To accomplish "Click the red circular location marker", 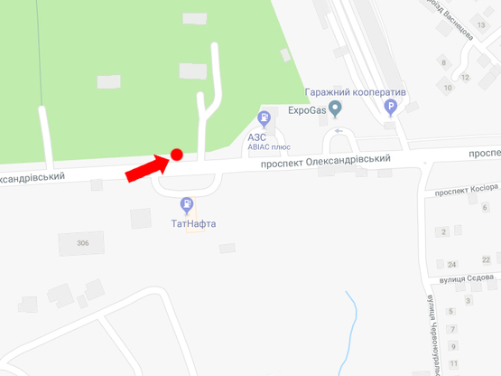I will (x=177, y=155).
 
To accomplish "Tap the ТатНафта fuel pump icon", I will (x=186, y=205).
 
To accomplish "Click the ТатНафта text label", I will (x=192, y=223).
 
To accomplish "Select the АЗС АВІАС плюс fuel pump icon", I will (x=264, y=117).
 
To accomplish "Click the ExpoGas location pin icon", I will (x=336, y=110).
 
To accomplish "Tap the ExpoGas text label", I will (x=307, y=111).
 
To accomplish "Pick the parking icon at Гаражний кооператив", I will (x=391, y=108).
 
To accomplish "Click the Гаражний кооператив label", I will (x=355, y=92).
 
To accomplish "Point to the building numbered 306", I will (x=83, y=243).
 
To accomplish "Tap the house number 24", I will (x=451, y=264).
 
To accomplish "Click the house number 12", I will (x=465, y=77).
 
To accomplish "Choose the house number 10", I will (x=448, y=88).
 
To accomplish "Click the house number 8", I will (x=443, y=62).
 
